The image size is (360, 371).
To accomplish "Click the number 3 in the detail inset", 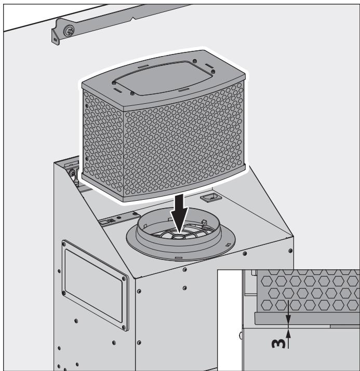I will (279, 342).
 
